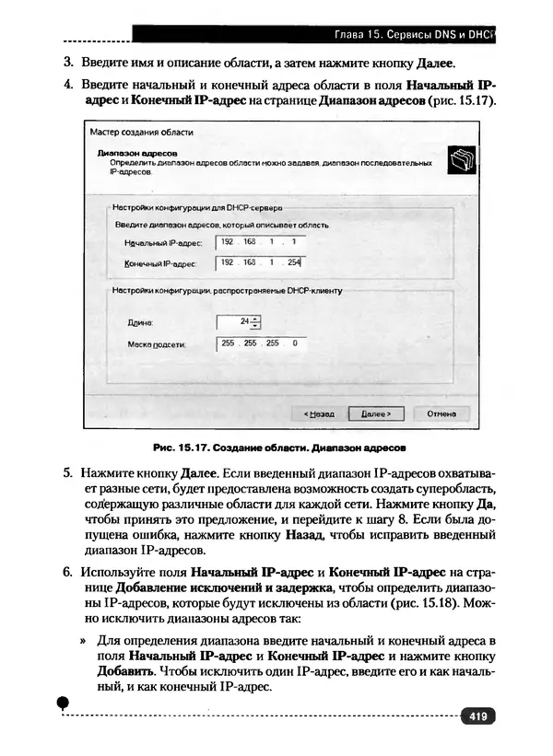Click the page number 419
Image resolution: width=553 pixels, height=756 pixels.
[477, 715]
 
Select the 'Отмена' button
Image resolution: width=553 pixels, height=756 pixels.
[441, 413]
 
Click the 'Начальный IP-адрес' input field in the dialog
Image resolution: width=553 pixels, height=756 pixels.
[259, 242]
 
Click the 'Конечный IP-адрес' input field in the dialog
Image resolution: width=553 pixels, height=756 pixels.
[259, 262]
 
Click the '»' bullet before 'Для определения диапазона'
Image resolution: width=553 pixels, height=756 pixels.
[83, 638]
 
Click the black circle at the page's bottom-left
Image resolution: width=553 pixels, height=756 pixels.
[64, 703]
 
